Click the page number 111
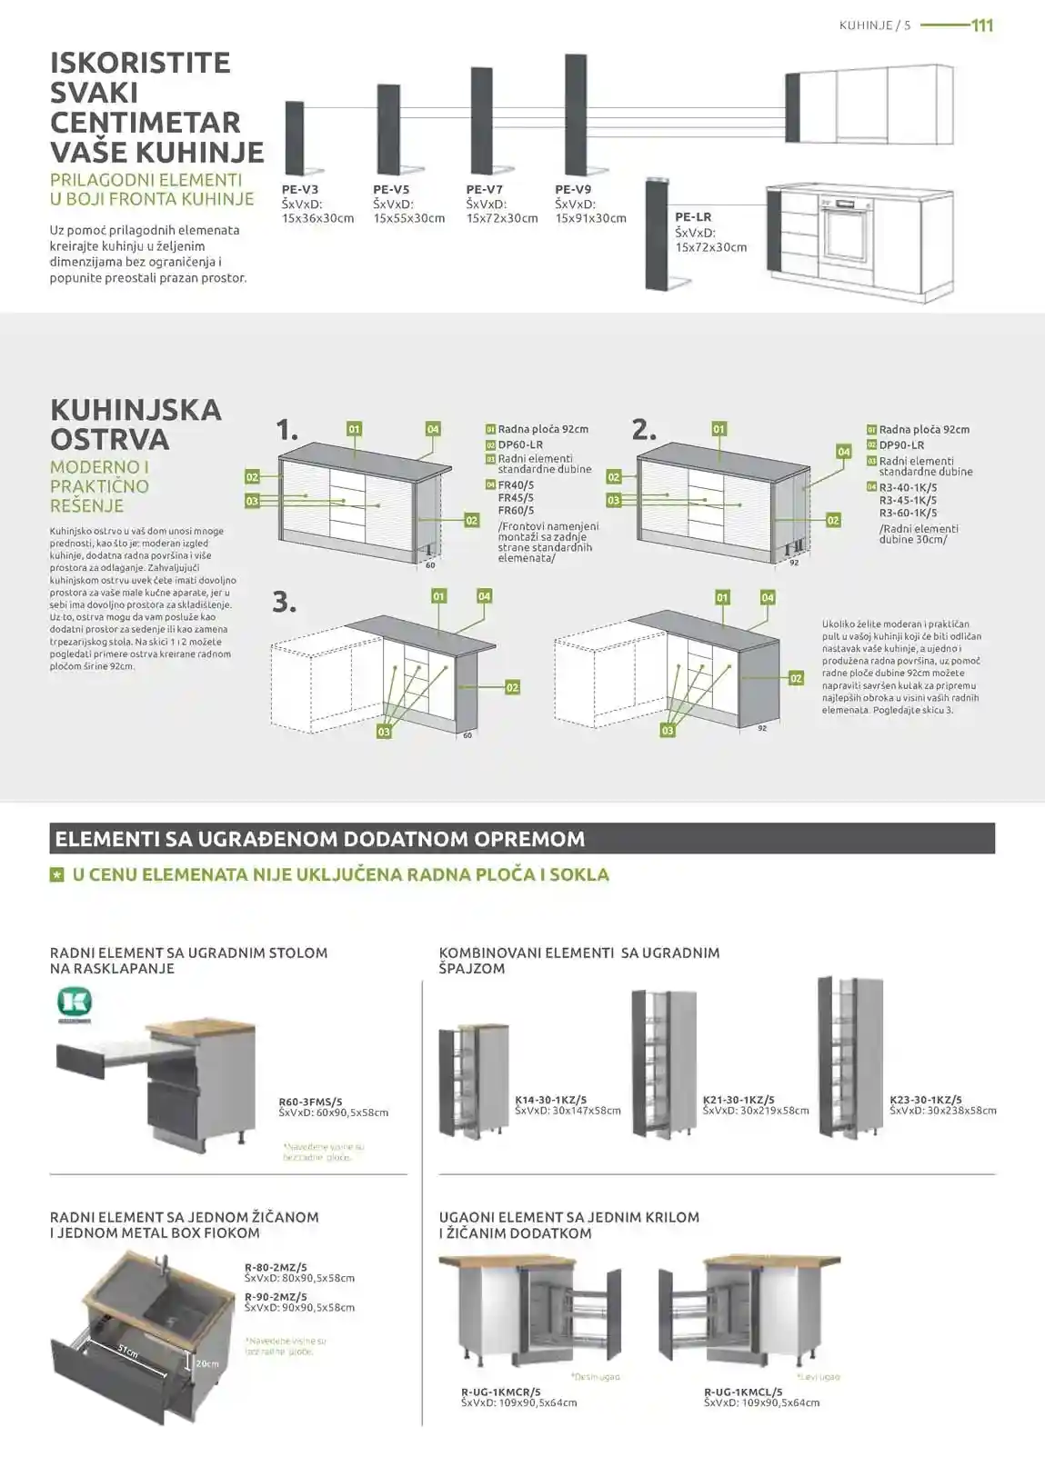pos(982,25)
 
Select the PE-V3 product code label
pos(300,190)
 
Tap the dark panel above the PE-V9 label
pos(575,114)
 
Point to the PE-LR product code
pos(693,217)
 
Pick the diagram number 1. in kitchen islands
pos(287,430)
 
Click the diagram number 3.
pos(285,602)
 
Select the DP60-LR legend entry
pos(520,445)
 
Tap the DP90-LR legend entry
pos(901,445)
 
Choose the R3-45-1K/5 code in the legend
pos(908,500)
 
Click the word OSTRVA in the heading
pos(110,440)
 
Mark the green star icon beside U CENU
pos(57,874)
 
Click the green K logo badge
pos(75,1003)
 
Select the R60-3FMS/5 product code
pos(310,1102)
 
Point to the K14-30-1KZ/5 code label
pos(551,1100)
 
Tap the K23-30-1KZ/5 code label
pos(926,1100)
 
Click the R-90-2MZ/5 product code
pos(276,1297)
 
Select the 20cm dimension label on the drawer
pos(207,1363)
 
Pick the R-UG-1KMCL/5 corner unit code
pos(743,1392)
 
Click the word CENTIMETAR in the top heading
pos(145,123)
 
